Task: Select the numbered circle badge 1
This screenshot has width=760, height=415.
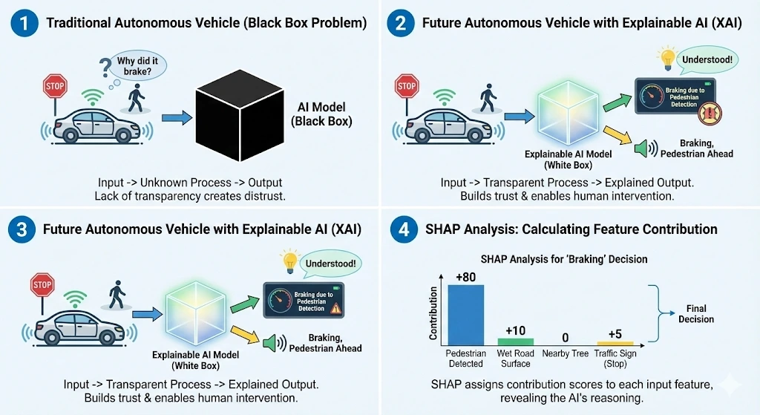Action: pos(24,22)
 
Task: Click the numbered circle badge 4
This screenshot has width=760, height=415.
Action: pos(403,229)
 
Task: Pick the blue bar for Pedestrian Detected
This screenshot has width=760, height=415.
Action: pos(465,312)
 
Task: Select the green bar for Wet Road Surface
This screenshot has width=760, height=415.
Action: pos(515,342)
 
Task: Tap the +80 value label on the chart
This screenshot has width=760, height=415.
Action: pos(465,278)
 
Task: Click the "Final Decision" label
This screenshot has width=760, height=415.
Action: pos(695,313)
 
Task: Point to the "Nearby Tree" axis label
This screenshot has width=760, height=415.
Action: pos(566,354)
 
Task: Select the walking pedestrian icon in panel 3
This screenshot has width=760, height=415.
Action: pos(117,295)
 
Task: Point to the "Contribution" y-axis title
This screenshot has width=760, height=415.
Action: pos(433,311)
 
